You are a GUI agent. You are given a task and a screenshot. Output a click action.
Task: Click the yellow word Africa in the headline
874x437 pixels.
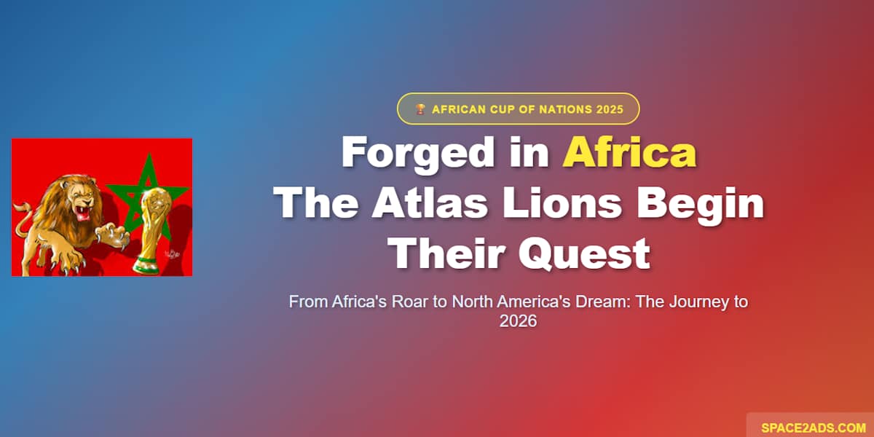(629, 154)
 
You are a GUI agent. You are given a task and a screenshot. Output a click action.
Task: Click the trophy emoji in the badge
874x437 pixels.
(420, 109)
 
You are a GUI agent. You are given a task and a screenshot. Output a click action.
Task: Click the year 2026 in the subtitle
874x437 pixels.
(518, 320)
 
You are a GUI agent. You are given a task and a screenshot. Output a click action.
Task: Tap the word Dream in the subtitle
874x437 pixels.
(602, 302)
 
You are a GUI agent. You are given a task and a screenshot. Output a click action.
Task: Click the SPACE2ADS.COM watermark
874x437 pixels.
(813, 428)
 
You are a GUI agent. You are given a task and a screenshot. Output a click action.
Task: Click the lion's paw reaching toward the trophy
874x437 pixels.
(115, 235)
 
